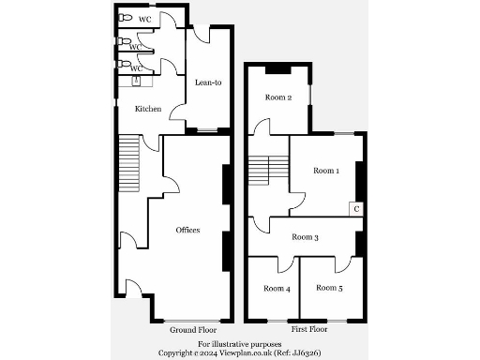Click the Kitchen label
tap(148, 110)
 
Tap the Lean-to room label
tap(207, 82)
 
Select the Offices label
tap(187, 230)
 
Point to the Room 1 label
tap(325, 171)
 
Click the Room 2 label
tap(278, 97)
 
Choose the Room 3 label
tap(305, 238)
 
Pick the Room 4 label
tap(277, 288)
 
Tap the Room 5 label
tap(328, 288)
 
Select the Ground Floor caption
tap(193, 331)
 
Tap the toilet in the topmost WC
tap(125, 18)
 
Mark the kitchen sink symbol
tap(137, 82)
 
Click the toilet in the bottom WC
tap(125, 65)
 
